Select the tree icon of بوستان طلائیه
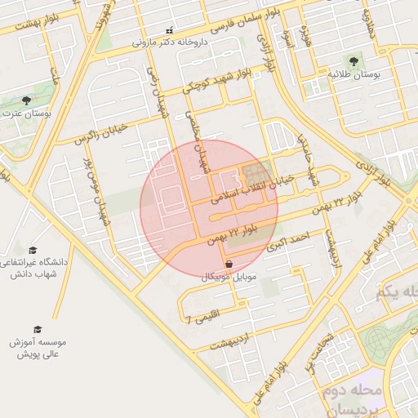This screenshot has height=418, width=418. (x=354, y=61)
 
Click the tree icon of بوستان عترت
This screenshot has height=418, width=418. (x=27, y=100)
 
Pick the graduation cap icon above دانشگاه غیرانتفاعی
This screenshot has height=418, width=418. (x=33, y=250)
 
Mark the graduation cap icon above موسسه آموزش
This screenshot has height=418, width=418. (x=38, y=329)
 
